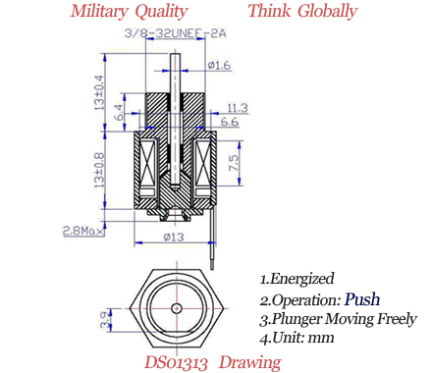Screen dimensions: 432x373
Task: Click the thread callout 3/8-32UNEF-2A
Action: pos(175,33)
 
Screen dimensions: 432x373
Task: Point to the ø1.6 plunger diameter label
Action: pos(219,65)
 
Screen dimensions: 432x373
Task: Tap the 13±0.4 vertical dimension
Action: pos(99,92)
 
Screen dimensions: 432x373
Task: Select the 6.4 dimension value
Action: pos(121,112)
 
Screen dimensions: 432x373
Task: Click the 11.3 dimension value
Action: pos(238,108)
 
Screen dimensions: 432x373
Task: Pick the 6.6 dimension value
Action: pos(230,122)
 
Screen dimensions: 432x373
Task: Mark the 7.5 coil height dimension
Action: pos(234,163)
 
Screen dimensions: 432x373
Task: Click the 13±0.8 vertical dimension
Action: pos(99,170)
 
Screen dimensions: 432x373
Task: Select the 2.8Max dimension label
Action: pos(83,231)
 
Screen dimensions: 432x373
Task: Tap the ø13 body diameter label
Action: pos(174,237)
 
